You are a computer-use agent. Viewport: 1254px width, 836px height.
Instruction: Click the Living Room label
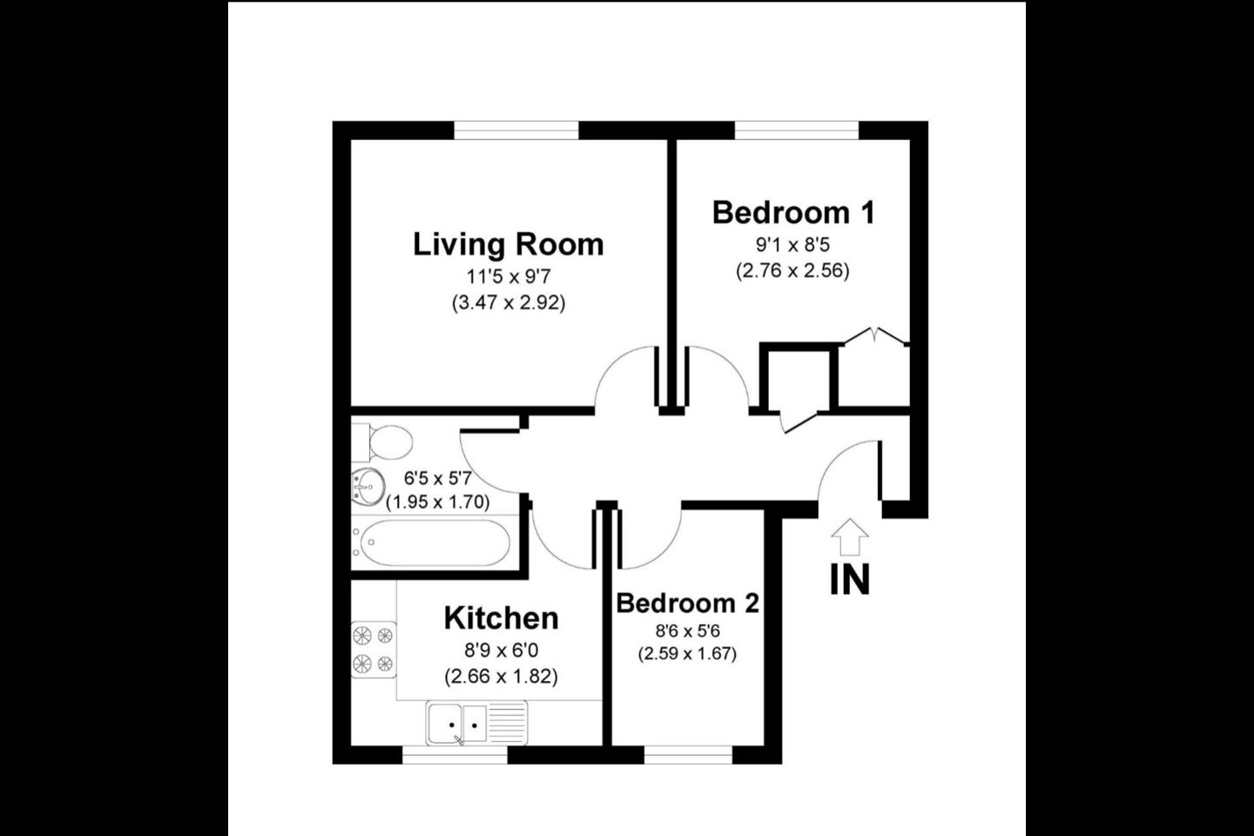[509, 246]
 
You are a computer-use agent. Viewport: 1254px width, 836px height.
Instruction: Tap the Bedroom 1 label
[792, 213]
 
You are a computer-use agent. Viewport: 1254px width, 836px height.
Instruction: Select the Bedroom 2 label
[687, 603]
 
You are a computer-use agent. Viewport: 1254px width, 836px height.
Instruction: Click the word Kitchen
[501, 619]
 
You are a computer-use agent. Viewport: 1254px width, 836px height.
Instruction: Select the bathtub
[431, 542]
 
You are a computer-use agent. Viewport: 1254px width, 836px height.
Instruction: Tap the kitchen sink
[476, 723]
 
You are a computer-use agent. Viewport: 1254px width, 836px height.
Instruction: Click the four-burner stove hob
[374, 650]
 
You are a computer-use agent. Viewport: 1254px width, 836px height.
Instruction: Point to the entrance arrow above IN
[850, 536]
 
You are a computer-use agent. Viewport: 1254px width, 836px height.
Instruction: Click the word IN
[850, 580]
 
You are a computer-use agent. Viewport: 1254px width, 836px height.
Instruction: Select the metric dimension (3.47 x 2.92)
[509, 303]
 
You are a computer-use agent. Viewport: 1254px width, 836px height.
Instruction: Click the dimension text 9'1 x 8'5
[792, 245]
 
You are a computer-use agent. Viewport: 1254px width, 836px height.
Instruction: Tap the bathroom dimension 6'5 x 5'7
[438, 479]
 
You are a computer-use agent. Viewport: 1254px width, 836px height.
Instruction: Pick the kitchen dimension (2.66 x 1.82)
[501, 677]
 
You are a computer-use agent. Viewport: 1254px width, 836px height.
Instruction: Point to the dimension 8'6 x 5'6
[687, 631]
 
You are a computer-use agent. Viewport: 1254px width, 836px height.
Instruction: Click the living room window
[516, 131]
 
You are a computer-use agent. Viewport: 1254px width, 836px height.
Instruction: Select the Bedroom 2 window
[688, 755]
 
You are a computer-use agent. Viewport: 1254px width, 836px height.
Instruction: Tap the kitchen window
[455, 755]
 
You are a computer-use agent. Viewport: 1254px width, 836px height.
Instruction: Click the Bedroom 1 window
[796, 131]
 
